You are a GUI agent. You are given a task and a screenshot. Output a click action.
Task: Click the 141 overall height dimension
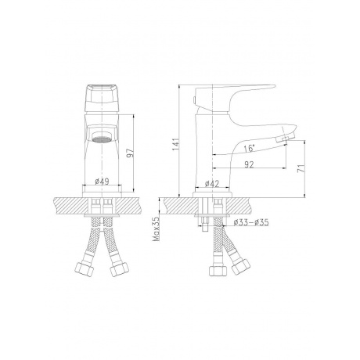[175, 144]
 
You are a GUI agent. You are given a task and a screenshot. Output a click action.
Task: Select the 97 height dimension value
[130, 153]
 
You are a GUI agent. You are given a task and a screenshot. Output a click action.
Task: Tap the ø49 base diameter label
[102, 182]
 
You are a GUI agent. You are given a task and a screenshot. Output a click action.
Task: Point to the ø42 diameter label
[212, 184]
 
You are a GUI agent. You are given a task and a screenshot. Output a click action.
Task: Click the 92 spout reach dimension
[249, 164]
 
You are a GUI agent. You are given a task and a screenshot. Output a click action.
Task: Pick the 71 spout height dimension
[301, 168]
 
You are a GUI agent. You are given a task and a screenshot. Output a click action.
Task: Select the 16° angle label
[249, 149]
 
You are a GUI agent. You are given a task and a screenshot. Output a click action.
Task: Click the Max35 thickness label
[157, 229]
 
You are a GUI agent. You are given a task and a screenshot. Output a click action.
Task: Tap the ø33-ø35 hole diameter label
[251, 222]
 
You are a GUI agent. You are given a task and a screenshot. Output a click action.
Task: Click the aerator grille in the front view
[102, 140]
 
